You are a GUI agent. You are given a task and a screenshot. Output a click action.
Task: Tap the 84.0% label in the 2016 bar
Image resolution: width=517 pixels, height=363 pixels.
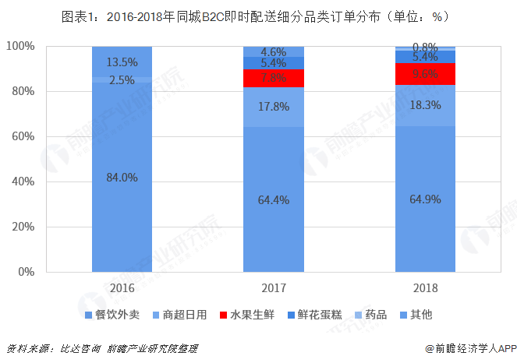[122, 178]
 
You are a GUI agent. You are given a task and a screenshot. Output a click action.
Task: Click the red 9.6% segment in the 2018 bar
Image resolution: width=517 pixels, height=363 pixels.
[424, 74]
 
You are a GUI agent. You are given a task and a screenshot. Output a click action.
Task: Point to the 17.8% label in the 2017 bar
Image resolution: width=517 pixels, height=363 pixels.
[273, 108]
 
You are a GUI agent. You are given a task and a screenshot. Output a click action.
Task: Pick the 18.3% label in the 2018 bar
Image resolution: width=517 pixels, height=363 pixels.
[424, 105]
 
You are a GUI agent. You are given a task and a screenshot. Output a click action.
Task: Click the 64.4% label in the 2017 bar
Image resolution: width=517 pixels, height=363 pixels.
[273, 199]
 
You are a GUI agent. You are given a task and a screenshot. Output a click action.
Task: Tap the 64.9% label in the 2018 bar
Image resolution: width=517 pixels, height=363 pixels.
[424, 199]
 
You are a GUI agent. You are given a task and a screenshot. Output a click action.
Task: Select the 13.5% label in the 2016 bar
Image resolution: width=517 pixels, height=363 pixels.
[122, 62]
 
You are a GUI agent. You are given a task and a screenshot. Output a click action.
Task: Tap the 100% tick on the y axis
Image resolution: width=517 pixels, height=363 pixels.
[19, 47]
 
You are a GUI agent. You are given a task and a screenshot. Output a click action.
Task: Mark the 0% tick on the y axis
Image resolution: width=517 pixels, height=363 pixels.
[25, 272]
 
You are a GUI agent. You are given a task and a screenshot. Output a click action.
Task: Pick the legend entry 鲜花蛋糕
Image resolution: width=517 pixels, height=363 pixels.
[321, 315]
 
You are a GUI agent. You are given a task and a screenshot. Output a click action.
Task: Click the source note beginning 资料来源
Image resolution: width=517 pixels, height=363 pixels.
[101, 348]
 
